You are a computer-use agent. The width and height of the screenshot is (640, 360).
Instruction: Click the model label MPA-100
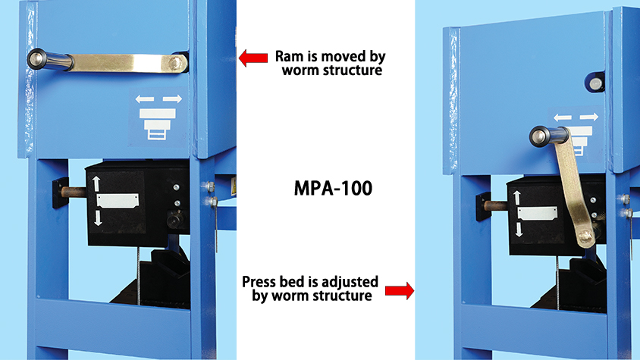[x=333, y=188]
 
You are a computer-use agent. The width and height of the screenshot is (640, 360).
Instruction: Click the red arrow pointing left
[x=253, y=58]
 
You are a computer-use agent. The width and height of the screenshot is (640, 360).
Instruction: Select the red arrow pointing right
[x=400, y=290]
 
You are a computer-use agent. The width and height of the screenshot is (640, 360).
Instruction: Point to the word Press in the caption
[x=259, y=282]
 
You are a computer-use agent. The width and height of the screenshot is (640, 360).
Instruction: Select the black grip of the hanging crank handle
[x=549, y=136]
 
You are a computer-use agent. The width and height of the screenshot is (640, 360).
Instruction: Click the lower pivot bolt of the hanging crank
[x=585, y=236]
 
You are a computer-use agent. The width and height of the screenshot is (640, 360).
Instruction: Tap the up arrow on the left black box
[x=96, y=183]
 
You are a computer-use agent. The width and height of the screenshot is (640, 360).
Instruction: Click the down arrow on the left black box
[x=98, y=218]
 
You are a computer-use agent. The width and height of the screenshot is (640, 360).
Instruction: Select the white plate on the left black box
[x=118, y=201]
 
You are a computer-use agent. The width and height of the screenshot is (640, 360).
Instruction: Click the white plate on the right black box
[x=537, y=214]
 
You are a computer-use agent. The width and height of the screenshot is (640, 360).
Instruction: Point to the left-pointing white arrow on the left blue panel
[x=145, y=99]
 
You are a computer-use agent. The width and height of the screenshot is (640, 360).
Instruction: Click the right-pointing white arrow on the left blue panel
[x=172, y=99]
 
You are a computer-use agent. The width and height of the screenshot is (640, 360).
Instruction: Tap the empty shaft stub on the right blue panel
[x=595, y=83]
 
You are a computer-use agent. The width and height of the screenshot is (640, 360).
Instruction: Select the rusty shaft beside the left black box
[x=74, y=192]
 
